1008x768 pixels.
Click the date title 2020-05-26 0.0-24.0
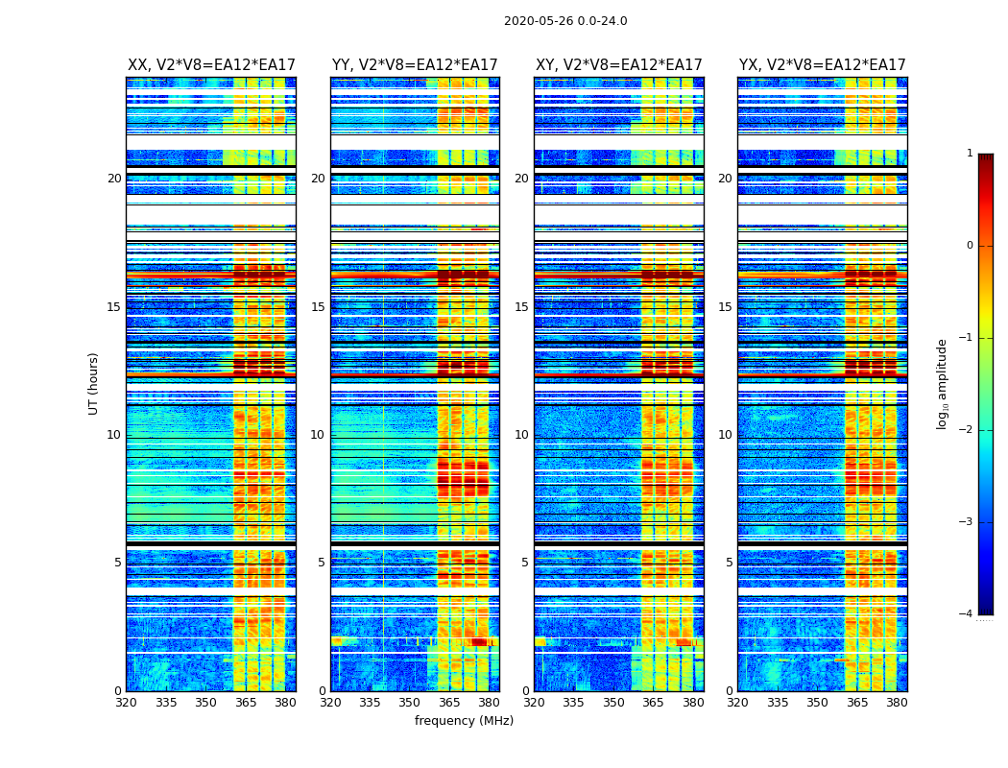pos(565,21)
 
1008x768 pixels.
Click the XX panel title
pos(211,65)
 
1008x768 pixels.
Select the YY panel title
pos(415,65)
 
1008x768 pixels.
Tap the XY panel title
pos(618,65)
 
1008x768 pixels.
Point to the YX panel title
pos(822,65)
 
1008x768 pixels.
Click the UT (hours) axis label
pos(94,383)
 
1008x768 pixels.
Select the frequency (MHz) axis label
pos(464,721)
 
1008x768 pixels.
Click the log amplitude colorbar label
pos(943,383)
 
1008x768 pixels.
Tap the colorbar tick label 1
pos(970,154)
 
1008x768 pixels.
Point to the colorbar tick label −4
pos(968,614)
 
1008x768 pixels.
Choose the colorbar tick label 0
pos(970,246)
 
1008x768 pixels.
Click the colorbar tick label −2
pos(968,430)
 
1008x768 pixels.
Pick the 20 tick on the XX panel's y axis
pos(114,179)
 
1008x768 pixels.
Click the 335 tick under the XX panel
pos(166,703)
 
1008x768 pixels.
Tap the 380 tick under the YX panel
pos(897,703)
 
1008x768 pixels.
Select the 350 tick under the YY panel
pos(410,703)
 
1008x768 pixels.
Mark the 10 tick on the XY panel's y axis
pos(521,435)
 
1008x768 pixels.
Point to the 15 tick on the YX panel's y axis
pos(725,307)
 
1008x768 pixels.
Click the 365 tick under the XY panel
pos(653,703)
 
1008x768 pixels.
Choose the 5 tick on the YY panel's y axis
pos(322,563)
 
